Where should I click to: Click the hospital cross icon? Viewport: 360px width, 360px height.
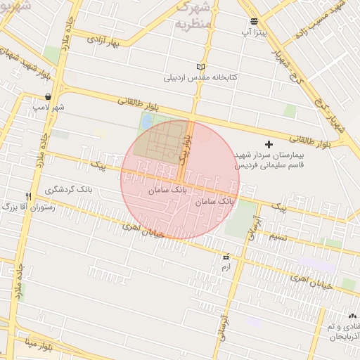tap(269, 144)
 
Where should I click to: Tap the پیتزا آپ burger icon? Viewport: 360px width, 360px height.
tap(253, 21)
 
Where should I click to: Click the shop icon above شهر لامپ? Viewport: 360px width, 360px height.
tap(47, 97)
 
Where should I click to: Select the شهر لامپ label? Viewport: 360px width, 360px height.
tap(47, 108)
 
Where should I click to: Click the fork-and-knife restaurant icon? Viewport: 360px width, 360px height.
tap(28, 196)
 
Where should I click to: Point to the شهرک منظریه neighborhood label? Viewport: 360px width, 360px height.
tap(192, 15)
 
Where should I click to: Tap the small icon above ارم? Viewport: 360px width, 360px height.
tap(226, 257)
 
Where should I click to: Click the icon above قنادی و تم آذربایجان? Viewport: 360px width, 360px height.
tap(352, 316)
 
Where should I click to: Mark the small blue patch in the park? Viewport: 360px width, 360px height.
tap(146, 122)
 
